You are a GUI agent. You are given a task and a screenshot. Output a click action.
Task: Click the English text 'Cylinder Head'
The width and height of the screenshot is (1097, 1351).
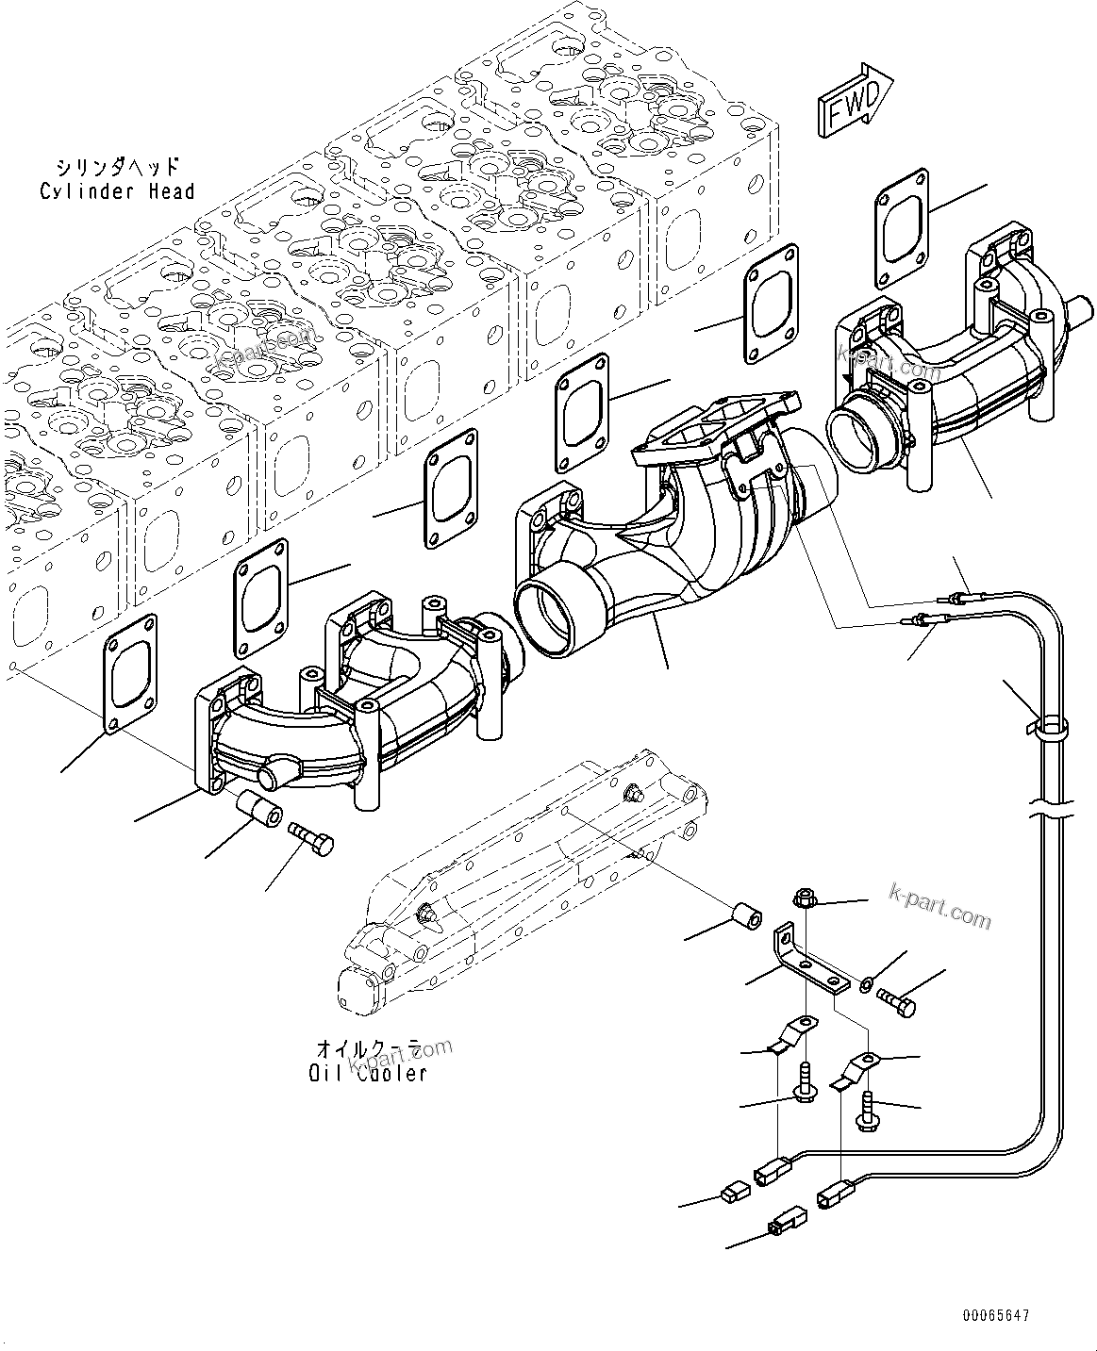(117, 191)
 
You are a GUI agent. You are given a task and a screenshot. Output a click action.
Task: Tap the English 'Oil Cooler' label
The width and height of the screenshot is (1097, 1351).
(368, 1073)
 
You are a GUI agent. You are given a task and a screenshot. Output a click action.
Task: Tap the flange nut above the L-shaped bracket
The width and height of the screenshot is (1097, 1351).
(805, 898)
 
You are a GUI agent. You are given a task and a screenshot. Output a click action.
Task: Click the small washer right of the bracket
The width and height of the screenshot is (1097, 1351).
(866, 986)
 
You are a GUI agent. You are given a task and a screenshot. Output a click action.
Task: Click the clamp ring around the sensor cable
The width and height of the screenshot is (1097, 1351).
(1051, 727)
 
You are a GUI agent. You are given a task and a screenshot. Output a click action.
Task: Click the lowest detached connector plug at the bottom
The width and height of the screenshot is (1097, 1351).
(787, 1223)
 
